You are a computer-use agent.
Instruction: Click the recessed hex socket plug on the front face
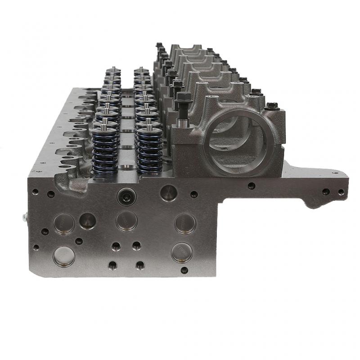pos(126,195)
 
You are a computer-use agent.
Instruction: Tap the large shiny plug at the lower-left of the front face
pos(63,256)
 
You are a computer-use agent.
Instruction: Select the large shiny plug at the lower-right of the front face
pos(182,252)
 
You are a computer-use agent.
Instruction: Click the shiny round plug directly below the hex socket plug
pos(126,220)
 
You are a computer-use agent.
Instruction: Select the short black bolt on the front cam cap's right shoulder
pos(271,106)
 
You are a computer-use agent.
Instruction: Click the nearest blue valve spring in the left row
pos(105,153)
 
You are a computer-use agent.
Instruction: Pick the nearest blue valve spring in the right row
pos(149,153)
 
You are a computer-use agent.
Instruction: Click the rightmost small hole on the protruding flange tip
pos(341,192)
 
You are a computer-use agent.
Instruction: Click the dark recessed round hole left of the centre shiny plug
pos(87,220)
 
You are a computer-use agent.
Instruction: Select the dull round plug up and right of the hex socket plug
pos(168,193)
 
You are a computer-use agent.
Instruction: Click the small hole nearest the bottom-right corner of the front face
pos(184,270)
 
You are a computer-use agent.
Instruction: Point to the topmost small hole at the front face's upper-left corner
pos(35,192)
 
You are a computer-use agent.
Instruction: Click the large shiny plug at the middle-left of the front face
pos(63,224)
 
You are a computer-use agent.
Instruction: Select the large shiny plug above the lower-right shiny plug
pos(185,223)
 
